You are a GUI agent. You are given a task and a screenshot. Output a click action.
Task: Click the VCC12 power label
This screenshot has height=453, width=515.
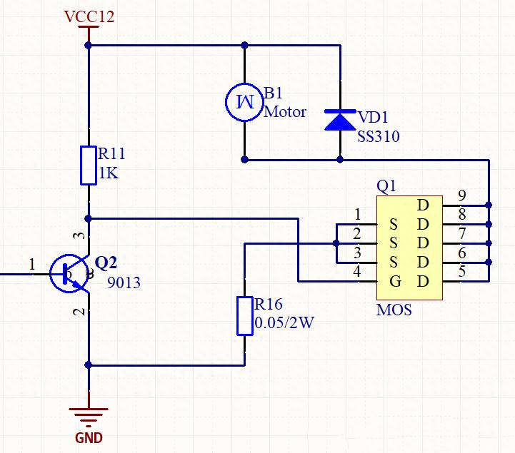point(89,16)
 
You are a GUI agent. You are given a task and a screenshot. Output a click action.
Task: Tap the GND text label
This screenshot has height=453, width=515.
point(89,438)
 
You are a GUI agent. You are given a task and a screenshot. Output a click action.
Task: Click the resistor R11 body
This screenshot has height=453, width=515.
point(89,165)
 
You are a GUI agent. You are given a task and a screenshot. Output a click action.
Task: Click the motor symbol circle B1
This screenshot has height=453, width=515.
point(244,101)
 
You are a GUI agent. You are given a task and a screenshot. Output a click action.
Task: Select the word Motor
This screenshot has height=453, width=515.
point(285,112)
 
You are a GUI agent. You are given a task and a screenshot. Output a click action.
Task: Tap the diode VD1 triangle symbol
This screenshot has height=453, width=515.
point(339,120)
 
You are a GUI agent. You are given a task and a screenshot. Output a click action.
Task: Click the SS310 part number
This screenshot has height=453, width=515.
point(379,136)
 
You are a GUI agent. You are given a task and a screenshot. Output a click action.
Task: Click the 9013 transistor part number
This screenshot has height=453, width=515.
point(124,283)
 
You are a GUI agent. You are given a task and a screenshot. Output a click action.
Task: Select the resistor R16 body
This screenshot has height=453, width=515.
point(244,315)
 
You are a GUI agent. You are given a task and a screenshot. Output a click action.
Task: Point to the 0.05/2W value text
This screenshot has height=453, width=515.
point(284,322)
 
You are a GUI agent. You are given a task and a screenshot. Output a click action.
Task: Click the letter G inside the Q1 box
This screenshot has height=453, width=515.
point(395,281)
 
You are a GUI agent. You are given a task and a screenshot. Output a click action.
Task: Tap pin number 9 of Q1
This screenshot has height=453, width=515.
point(462,195)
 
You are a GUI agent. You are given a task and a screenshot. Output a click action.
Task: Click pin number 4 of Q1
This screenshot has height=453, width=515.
point(357,272)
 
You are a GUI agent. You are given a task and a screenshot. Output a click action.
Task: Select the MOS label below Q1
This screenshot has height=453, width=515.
point(394,311)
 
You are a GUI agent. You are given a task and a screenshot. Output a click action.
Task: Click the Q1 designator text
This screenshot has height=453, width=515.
point(386,185)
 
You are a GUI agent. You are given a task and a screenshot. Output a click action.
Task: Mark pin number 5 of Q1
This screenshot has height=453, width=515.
point(462,271)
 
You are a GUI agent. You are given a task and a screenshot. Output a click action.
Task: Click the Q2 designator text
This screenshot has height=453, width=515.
point(106,263)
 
